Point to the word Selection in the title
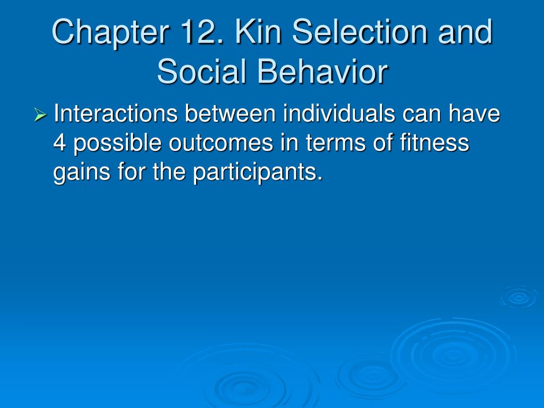click(x=360, y=31)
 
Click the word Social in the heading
click(x=202, y=71)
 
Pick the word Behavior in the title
click(x=322, y=71)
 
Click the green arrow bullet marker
click(x=40, y=115)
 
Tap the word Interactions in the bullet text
click(x=116, y=113)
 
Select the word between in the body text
click(x=230, y=113)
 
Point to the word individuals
click(x=339, y=113)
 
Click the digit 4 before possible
click(x=59, y=142)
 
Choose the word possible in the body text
click(x=117, y=143)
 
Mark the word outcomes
click(x=221, y=143)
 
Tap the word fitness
click(x=435, y=142)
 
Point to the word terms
click(x=336, y=143)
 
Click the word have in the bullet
click(x=474, y=113)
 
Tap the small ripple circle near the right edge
click(x=518, y=297)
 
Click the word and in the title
click(x=465, y=31)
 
